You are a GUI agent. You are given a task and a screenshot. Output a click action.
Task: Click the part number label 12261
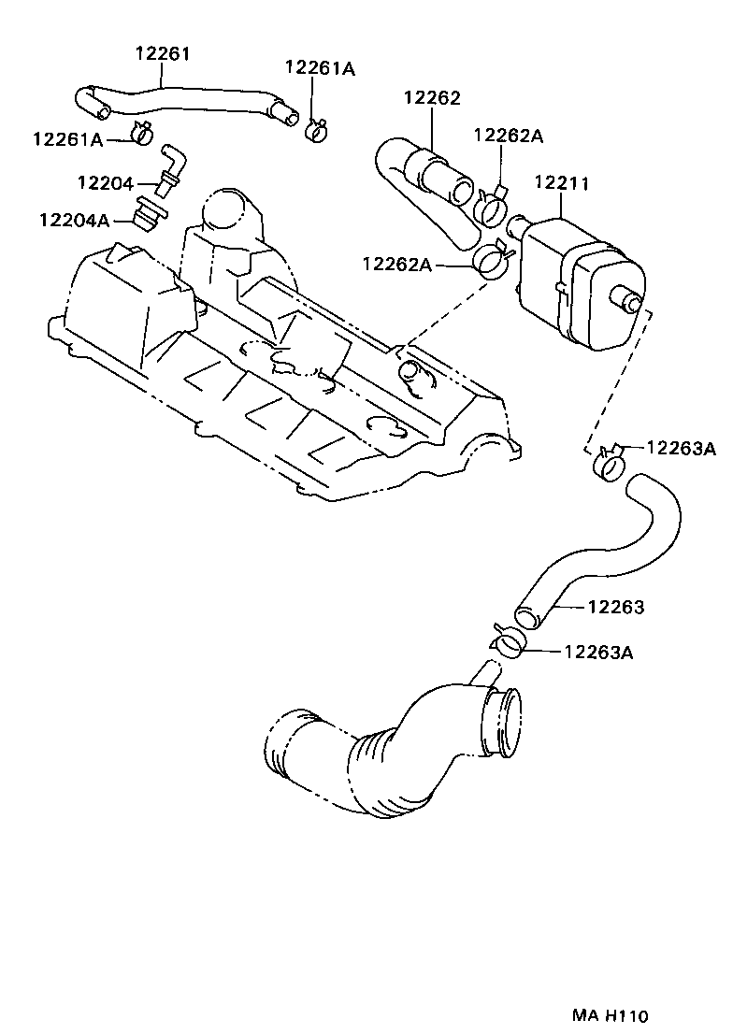(x=163, y=54)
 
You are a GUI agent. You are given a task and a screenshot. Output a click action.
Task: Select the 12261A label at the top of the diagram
(x=321, y=68)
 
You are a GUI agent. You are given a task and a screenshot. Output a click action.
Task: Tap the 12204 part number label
(x=105, y=183)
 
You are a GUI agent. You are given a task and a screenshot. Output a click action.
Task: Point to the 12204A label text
(x=74, y=220)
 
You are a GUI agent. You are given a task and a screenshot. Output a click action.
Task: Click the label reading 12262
(x=432, y=97)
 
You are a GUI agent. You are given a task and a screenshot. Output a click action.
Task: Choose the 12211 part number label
(x=561, y=183)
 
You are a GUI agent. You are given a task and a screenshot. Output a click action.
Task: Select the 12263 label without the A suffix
(x=615, y=607)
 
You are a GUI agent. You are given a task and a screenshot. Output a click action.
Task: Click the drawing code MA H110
(x=611, y=1015)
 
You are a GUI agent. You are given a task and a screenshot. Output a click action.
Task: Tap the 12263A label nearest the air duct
(x=598, y=652)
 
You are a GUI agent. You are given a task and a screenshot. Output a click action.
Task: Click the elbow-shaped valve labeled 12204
(x=171, y=168)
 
